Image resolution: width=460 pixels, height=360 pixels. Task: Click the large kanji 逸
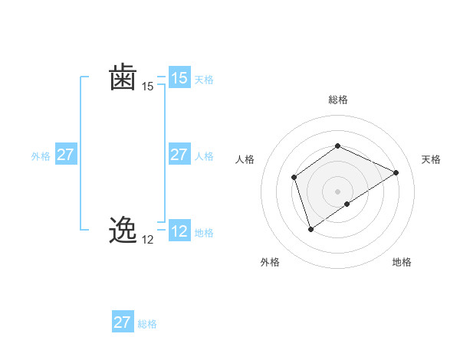point(123,230)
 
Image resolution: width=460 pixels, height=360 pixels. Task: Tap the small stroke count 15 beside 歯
point(148,87)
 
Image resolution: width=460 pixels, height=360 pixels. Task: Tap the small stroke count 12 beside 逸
point(148,240)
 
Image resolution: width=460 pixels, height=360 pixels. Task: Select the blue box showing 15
point(179,78)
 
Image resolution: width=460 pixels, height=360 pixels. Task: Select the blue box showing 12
point(179,231)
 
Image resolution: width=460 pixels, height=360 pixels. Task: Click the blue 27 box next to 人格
point(179,155)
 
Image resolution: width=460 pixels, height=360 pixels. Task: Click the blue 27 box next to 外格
point(66,155)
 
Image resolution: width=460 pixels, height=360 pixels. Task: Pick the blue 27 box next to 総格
point(123,322)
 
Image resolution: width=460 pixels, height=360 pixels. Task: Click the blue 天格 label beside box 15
point(204,80)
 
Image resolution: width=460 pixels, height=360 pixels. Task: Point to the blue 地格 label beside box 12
point(204,233)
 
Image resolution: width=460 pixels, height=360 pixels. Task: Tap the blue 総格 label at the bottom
point(147,324)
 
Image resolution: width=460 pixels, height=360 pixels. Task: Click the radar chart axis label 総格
point(337,100)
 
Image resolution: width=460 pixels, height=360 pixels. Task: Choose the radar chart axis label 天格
point(431,159)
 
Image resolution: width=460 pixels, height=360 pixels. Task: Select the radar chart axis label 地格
point(402,262)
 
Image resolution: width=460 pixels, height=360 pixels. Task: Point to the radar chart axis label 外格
point(270,262)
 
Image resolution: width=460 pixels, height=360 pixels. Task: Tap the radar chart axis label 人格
point(245,159)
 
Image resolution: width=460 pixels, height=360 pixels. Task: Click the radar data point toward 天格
point(396,172)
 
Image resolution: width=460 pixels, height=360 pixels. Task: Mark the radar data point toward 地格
point(347,204)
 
